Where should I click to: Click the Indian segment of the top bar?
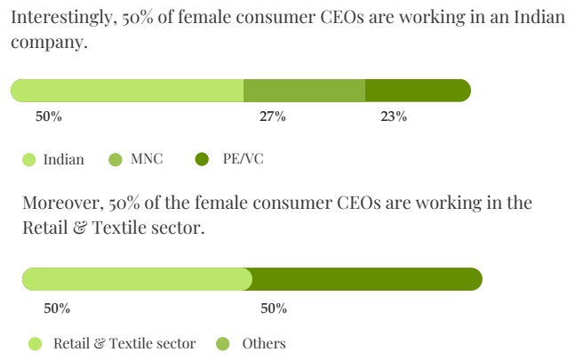click(126, 90)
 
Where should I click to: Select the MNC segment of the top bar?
click(304, 90)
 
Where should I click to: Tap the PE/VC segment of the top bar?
click(418, 90)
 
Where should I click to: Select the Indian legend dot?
click(28, 160)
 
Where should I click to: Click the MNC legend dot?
click(116, 160)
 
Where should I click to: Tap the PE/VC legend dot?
click(202, 160)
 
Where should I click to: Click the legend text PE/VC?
click(243, 160)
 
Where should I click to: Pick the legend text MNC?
click(147, 160)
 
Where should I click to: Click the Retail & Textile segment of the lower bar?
click(137, 279)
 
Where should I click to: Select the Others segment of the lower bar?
click(366, 279)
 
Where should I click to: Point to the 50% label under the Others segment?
click(274, 308)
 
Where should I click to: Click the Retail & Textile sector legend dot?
click(36, 343)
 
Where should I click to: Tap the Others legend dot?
click(224, 343)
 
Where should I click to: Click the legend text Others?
click(264, 343)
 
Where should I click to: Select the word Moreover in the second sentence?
click(60, 204)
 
